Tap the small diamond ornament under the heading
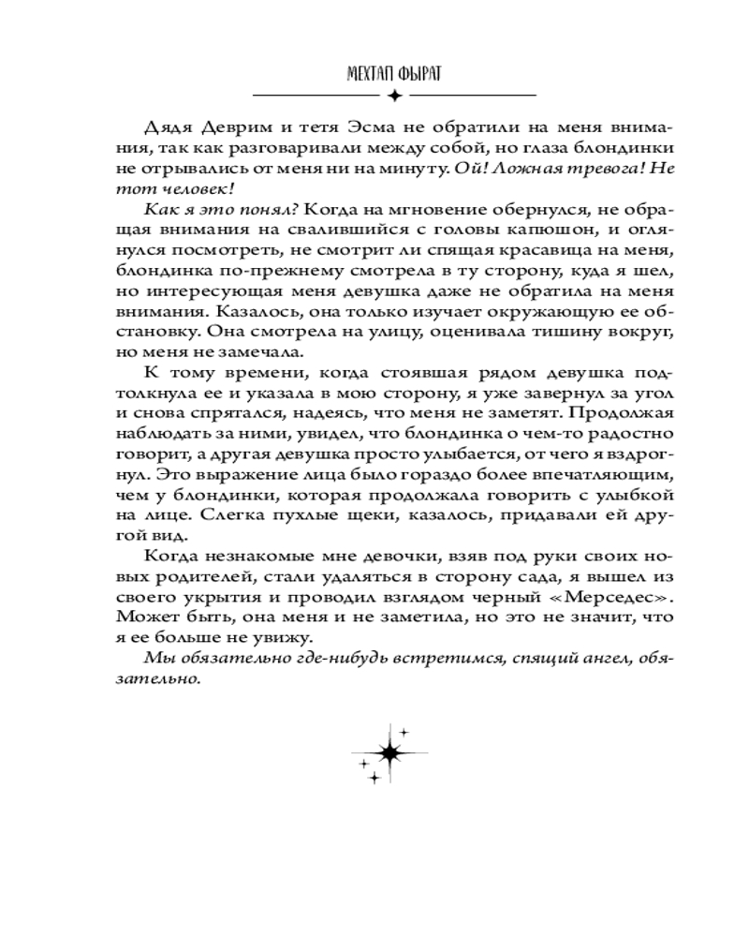pyautogui.click(x=394, y=96)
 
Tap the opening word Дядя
pyautogui.click(x=168, y=127)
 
